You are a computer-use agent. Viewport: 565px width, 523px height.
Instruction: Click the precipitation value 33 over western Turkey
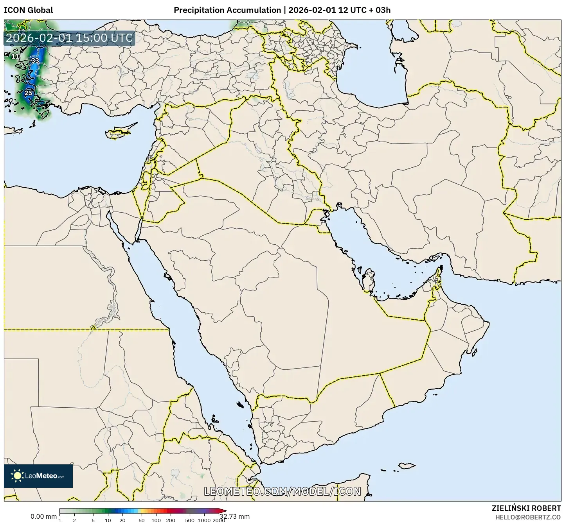point(35,61)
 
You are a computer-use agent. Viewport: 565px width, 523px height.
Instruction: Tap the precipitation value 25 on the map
point(29,93)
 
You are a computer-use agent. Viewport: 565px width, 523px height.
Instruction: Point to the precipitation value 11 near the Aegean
point(15,57)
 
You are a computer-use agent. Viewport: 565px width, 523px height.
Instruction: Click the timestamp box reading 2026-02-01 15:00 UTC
point(70,38)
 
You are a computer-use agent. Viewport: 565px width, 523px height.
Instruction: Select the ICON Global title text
point(28,10)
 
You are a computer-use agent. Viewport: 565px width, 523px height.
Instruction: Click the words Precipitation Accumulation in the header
point(227,10)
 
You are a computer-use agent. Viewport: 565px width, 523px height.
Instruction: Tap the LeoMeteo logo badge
point(38,476)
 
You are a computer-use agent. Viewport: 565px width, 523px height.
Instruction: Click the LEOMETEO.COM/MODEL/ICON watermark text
point(282,491)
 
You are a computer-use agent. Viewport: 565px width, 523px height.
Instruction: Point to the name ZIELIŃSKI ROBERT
point(526,508)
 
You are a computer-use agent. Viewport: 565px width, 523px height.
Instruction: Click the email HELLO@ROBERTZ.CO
point(528,517)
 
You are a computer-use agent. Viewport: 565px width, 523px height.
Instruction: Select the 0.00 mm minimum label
point(43,516)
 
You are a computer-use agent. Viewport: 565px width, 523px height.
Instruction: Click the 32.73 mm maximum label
point(234,516)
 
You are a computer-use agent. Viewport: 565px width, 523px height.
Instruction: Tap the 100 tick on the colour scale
point(156,520)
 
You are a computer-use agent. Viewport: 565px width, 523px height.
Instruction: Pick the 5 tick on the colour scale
point(93,520)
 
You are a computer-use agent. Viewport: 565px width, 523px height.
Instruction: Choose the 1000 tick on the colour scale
point(204,520)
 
